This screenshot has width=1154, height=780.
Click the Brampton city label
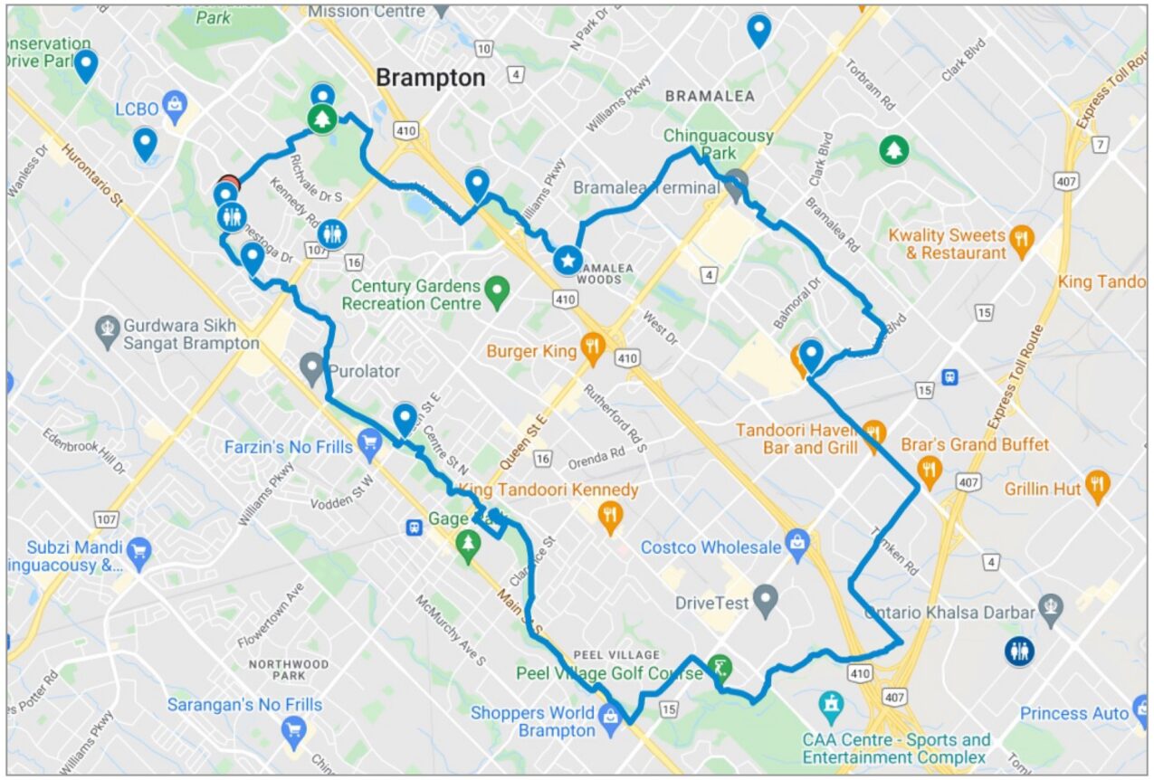tap(430, 78)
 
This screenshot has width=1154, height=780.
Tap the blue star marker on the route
tap(567, 262)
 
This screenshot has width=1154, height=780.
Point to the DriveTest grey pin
tap(766, 599)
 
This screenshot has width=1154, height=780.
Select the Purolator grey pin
tap(312, 367)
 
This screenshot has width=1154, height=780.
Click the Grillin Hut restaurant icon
tap(1097, 485)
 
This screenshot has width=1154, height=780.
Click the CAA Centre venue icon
tap(831, 703)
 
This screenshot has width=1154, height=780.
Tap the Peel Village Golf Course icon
tap(719, 668)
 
